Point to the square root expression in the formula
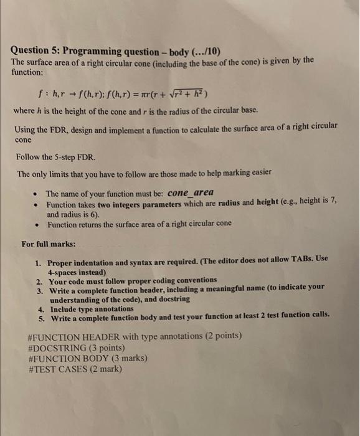coord(186,93)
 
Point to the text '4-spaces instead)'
coord(77,272)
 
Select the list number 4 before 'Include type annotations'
coord(40,308)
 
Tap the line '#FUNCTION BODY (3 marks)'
coord(87,358)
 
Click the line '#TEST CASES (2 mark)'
coord(75,368)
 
